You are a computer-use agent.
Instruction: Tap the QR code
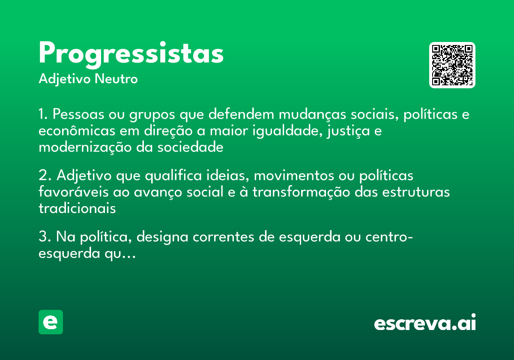(x=452, y=65)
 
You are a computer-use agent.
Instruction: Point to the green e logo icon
(x=51, y=322)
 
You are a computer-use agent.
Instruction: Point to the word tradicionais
(x=77, y=208)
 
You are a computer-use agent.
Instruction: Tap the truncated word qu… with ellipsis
(x=123, y=254)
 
